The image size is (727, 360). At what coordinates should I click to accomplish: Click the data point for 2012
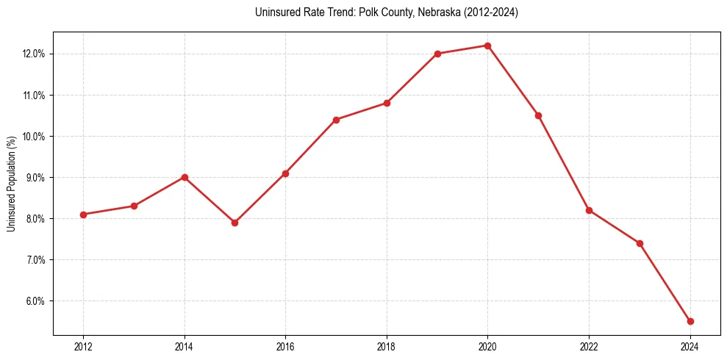(x=83, y=215)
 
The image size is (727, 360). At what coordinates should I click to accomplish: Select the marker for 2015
(x=234, y=223)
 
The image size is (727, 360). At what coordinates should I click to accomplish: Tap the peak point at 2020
(x=487, y=46)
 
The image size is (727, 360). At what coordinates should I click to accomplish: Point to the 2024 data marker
(x=690, y=321)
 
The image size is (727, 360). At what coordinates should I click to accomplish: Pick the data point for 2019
(x=437, y=54)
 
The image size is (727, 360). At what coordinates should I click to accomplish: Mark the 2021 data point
(x=538, y=115)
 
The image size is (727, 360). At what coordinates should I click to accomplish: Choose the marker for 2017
(x=336, y=120)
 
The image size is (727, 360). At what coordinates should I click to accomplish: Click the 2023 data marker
(x=640, y=243)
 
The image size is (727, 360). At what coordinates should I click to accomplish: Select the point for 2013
(x=134, y=206)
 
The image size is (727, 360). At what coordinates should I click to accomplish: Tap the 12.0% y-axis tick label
(x=35, y=54)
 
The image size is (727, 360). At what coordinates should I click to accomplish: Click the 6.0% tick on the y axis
(x=36, y=301)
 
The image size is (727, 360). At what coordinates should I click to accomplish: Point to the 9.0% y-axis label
(x=36, y=178)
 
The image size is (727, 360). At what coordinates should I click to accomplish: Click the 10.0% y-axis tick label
(x=35, y=137)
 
